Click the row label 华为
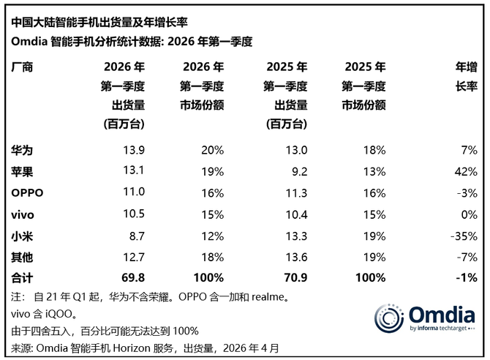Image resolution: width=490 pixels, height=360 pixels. [x=23, y=150]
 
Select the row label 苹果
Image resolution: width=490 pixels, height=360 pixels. [x=23, y=171]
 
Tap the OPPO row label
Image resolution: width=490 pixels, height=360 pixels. [x=28, y=192]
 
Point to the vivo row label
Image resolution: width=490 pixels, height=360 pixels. [x=24, y=214]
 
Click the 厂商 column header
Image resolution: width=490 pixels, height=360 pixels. [x=23, y=67]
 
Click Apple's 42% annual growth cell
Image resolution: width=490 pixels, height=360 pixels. [x=466, y=171]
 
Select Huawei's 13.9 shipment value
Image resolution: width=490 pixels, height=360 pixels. [x=134, y=150]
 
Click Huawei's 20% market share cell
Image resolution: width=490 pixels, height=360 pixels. [x=211, y=150]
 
